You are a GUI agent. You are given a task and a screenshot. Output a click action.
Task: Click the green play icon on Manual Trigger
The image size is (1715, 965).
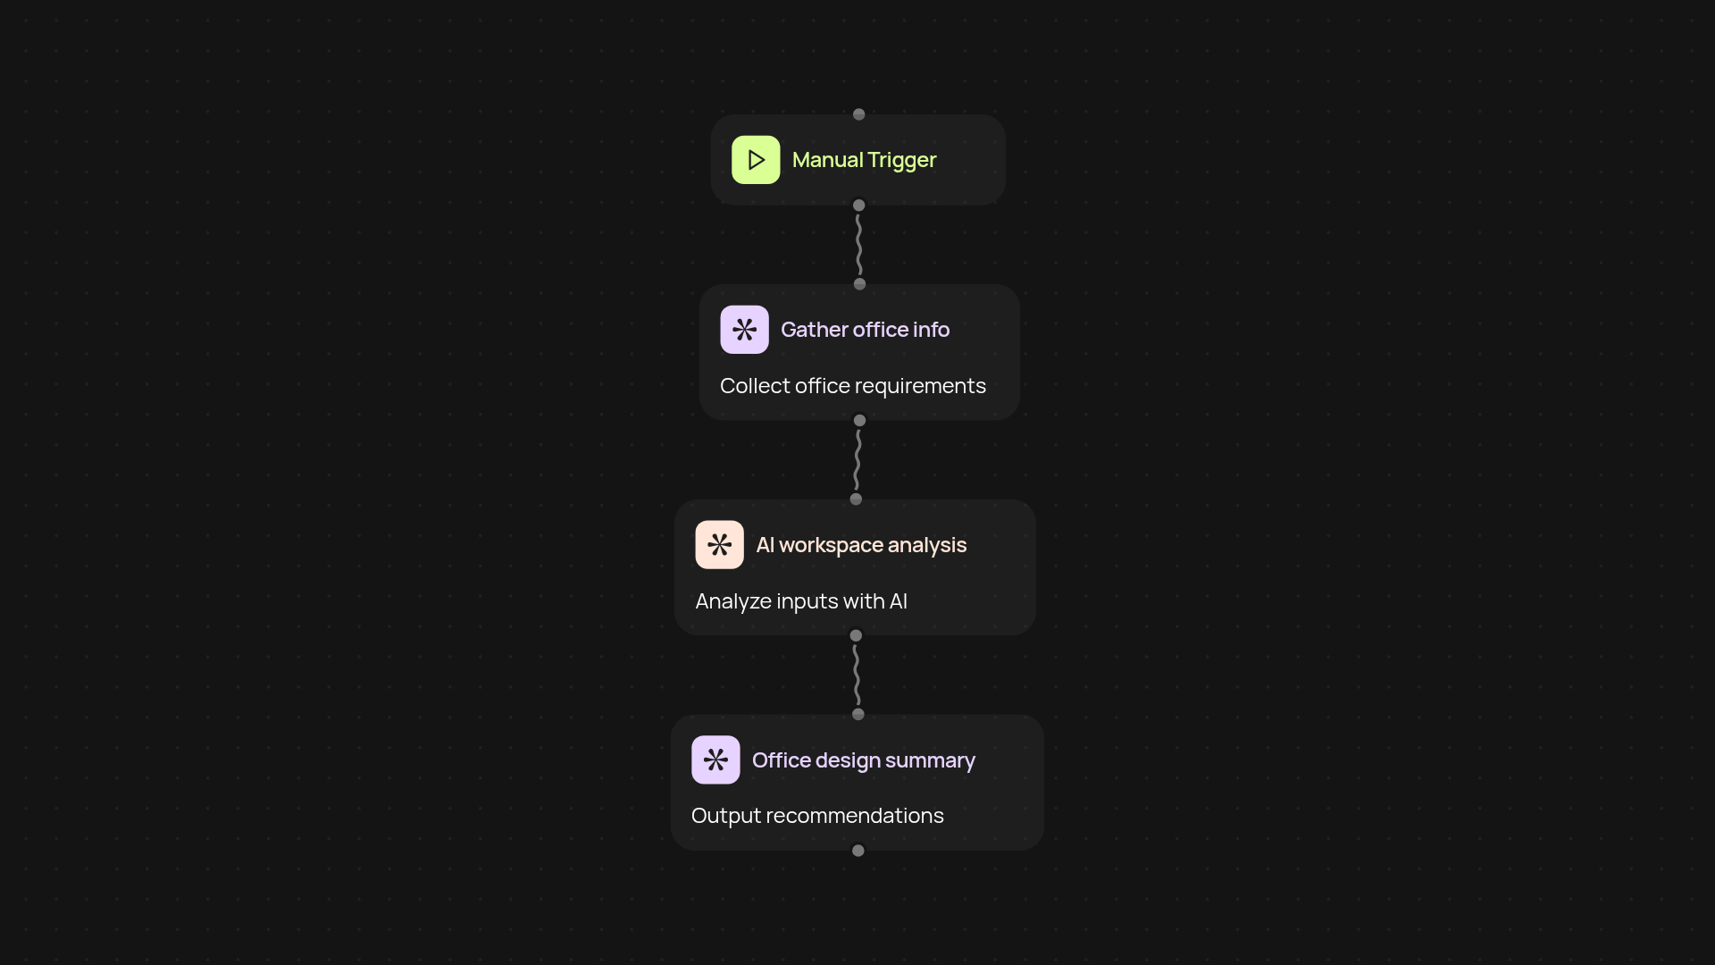[756, 160]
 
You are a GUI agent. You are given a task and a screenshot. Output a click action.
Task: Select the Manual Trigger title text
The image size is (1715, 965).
[864, 160]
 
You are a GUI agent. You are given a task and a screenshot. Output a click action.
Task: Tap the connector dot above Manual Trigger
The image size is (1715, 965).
[858, 114]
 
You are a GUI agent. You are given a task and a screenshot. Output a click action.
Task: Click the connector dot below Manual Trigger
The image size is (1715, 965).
[858, 206]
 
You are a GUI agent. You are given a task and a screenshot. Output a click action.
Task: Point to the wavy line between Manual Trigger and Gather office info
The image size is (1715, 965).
[858, 245]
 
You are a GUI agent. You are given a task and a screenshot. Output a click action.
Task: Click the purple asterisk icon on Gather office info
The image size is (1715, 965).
[744, 330]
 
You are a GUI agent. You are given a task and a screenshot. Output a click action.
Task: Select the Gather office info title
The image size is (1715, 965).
[865, 330]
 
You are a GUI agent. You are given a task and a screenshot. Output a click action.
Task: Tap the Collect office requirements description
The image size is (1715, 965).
[853, 386]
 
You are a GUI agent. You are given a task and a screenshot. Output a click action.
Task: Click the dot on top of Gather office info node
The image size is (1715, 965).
[859, 284]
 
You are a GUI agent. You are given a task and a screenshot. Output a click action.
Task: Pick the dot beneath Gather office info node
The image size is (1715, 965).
[859, 420]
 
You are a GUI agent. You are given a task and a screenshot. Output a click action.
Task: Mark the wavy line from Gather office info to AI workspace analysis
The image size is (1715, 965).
[857, 459]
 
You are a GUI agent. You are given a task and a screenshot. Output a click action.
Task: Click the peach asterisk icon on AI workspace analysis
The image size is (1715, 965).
[719, 545]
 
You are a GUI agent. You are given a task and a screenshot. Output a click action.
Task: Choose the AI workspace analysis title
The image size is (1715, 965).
[861, 545]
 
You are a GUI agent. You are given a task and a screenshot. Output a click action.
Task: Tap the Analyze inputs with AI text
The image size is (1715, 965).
[801, 601]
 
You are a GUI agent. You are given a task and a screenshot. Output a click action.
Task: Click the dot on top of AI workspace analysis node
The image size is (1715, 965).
[856, 499]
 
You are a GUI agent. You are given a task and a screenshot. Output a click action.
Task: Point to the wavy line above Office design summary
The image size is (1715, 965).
[857, 675]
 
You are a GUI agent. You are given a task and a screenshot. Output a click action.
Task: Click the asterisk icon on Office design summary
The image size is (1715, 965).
[715, 759]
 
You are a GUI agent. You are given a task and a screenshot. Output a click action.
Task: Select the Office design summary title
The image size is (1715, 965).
[864, 760]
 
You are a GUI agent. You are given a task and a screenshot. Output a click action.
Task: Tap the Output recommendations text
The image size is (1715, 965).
[817, 816]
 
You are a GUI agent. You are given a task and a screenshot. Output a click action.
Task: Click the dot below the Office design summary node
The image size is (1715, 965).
[858, 851]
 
